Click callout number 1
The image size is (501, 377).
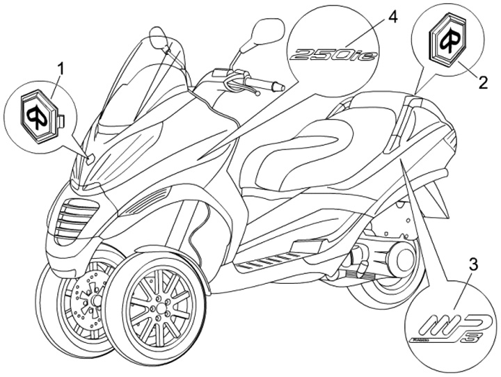[x=61, y=68]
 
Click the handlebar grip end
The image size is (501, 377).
[x=278, y=88]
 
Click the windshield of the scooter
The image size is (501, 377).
[x=132, y=83]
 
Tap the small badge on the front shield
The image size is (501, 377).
[x=90, y=159]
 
